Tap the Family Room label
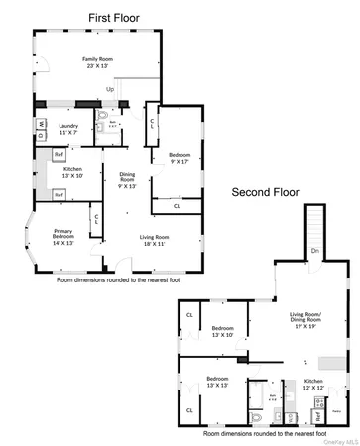point(97,62)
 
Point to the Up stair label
point(110,89)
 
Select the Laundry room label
point(68,129)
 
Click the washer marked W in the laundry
point(44,124)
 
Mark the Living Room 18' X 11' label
point(154,240)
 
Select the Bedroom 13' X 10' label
point(222,331)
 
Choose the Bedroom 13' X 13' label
point(218,382)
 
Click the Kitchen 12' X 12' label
point(313,384)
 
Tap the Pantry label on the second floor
point(336,410)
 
